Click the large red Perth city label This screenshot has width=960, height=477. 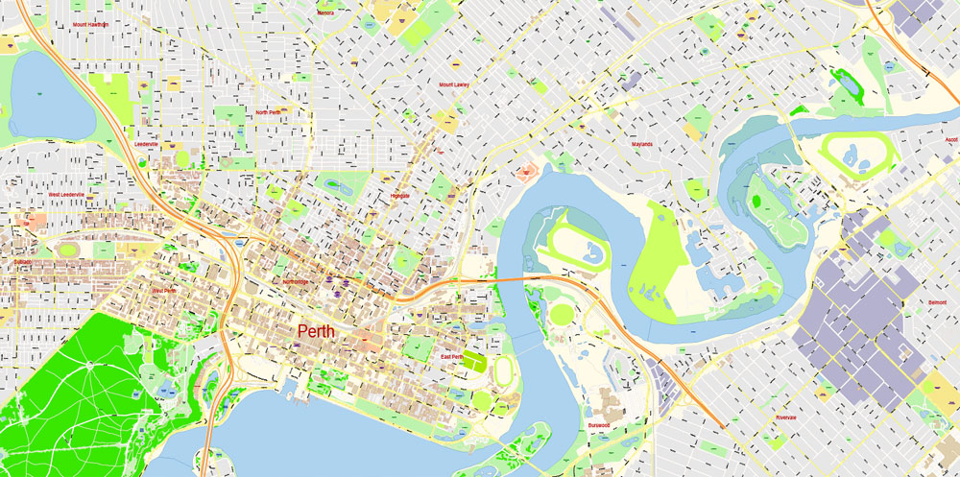pyautogui.click(x=317, y=331)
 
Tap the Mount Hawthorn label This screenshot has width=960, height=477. pyautogui.click(x=90, y=24)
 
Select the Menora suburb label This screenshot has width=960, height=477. pyautogui.click(x=325, y=13)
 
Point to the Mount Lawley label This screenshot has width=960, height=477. pyautogui.click(x=454, y=84)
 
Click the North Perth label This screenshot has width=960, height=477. pyautogui.click(x=268, y=112)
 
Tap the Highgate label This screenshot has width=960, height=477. pyautogui.click(x=400, y=196)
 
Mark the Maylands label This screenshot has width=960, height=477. pyautogui.click(x=641, y=145)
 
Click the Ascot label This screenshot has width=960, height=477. pyautogui.click(x=951, y=139)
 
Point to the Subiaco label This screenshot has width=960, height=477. pyautogui.click(x=23, y=261)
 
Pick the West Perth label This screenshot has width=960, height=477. pyautogui.click(x=164, y=290)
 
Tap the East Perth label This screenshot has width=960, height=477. pyautogui.click(x=452, y=357)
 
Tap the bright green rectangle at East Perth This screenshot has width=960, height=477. pyautogui.click(x=474, y=362)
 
